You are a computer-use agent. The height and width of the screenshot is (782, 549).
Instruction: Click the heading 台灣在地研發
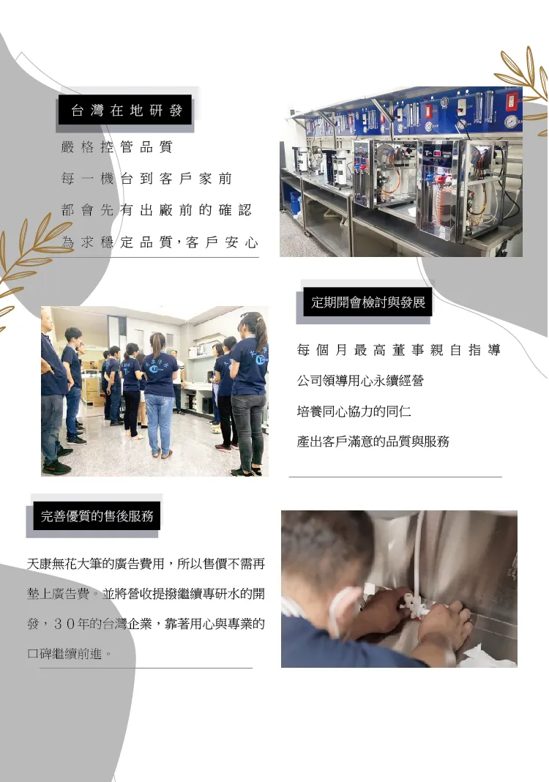pyautogui.click(x=127, y=111)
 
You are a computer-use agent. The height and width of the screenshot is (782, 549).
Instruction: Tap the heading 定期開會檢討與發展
pyautogui.click(x=368, y=302)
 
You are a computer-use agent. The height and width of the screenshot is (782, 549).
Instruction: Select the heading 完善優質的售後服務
pyautogui.click(x=97, y=515)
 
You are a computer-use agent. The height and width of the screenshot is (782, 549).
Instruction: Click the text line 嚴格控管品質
pyautogui.click(x=116, y=146)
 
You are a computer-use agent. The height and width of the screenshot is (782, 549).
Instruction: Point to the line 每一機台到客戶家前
pyautogui.click(x=146, y=179)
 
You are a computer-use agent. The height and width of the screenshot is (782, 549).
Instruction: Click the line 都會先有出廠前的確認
pyautogui.click(x=156, y=210)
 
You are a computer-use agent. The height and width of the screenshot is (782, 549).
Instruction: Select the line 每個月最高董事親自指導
pyautogui.click(x=398, y=350)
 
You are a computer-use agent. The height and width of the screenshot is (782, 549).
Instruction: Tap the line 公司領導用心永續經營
pyautogui.click(x=360, y=381)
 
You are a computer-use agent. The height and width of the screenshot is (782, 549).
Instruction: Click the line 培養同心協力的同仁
pyautogui.click(x=354, y=411)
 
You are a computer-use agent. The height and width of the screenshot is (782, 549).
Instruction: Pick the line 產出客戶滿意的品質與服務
pyautogui.click(x=373, y=442)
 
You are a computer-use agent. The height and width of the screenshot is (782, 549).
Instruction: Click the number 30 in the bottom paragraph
pyautogui.click(x=64, y=624)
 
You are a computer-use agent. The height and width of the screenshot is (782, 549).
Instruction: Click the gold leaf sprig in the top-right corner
pyautogui.click(x=523, y=82)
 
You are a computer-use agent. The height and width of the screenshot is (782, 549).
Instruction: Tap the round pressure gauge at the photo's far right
pyautogui.click(x=510, y=122)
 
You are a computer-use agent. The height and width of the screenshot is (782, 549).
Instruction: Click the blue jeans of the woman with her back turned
pyautogui.click(x=159, y=423)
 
